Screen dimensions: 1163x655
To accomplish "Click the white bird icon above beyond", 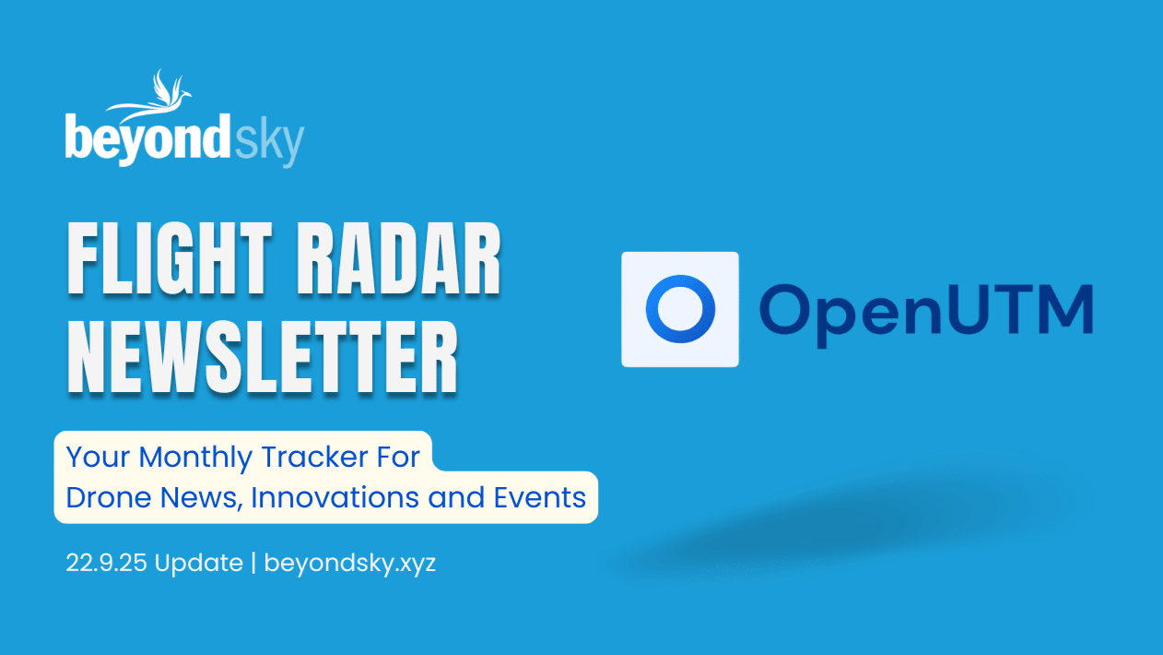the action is click(150, 98).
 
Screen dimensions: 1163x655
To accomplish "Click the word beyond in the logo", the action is click(147, 139).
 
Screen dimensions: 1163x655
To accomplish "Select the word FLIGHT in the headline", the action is click(170, 258).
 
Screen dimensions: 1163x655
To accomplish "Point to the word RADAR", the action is click(399, 258).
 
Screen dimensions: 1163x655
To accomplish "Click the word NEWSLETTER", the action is click(263, 357).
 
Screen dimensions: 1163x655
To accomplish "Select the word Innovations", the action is click(335, 497).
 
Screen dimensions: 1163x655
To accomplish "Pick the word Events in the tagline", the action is click(539, 497).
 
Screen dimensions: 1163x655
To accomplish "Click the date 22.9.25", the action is click(106, 563).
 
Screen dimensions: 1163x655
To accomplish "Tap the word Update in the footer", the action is click(198, 564).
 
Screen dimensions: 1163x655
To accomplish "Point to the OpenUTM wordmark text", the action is click(926, 314).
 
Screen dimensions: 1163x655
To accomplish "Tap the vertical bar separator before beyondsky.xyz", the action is click(253, 564).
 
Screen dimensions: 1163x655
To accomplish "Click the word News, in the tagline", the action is click(201, 498).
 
